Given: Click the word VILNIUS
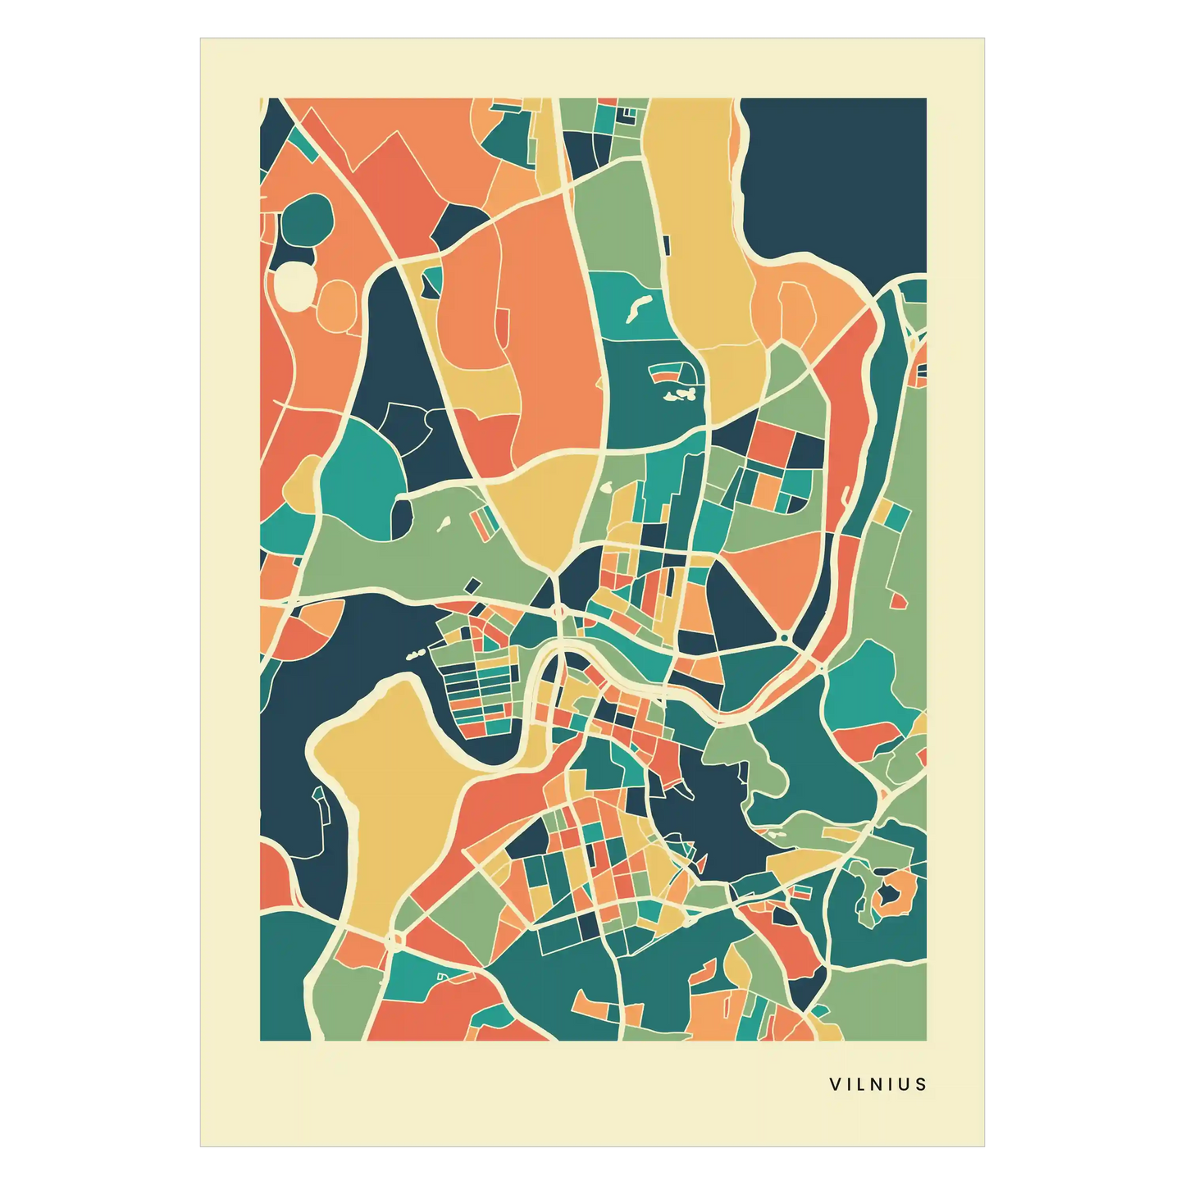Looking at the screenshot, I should coord(877,1084).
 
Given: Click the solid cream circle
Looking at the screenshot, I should coord(294,285).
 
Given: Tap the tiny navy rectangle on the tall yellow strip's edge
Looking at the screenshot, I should coord(666,244).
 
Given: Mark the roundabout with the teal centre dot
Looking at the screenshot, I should coord(785,637).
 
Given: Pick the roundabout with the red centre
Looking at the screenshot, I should coord(558,611).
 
